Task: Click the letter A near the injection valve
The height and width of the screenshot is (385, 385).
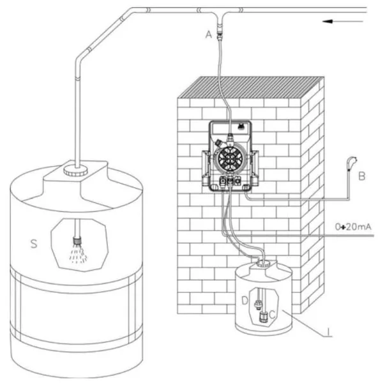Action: tap(208, 34)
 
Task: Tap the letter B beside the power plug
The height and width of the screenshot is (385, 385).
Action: tap(362, 176)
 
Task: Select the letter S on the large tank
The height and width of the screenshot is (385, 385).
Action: tap(34, 243)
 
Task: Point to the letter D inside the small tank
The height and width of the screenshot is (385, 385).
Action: tap(245, 300)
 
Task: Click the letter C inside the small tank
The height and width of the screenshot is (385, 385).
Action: tap(272, 315)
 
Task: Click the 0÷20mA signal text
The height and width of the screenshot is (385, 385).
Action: tap(353, 227)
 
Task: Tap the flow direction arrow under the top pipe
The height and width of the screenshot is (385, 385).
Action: tap(342, 22)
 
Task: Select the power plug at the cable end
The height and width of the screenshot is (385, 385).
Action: tap(351, 162)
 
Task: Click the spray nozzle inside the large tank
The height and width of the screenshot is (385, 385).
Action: tap(77, 240)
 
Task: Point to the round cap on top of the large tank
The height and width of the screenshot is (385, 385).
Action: tap(75, 170)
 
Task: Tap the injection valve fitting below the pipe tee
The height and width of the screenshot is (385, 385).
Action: tap(220, 32)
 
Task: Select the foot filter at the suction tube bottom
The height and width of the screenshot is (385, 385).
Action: tap(264, 317)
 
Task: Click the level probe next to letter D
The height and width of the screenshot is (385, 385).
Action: tap(257, 305)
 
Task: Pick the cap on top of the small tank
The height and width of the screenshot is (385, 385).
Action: tap(263, 264)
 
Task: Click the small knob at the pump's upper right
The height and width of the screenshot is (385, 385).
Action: tap(241, 126)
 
